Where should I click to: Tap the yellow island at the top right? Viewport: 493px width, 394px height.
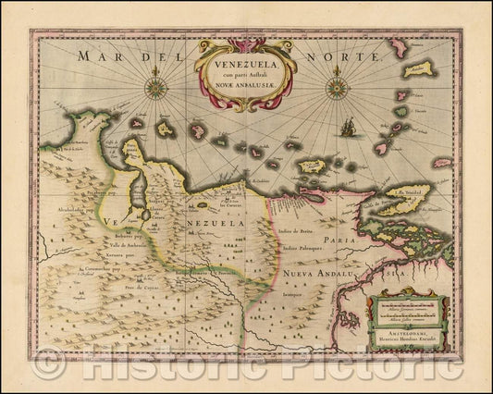[x=420, y=68]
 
